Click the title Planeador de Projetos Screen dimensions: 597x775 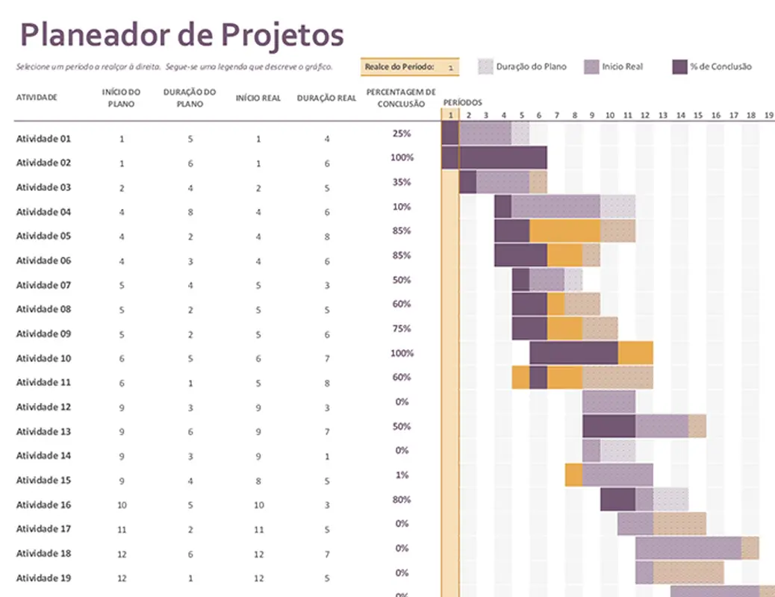point(181,34)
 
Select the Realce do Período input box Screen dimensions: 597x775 point(410,67)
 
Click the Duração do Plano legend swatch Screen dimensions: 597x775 point(485,67)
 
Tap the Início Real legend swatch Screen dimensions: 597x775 point(591,67)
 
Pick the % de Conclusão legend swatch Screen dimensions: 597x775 point(679,67)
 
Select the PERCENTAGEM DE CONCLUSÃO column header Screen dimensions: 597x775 point(401,98)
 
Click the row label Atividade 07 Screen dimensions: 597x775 point(43,285)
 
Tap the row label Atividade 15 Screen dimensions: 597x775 point(43,480)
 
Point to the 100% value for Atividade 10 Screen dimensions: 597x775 point(402,353)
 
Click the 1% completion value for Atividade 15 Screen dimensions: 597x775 point(402,475)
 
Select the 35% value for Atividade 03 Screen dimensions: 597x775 point(402,182)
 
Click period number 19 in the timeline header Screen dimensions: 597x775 point(768,115)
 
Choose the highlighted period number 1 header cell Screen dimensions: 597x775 point(450,115)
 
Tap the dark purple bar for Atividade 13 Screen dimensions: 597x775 point(609,426)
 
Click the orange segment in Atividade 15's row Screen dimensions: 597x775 point(573,475)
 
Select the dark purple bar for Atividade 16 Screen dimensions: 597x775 point(617,499)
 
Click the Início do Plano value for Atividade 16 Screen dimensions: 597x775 point(122,505)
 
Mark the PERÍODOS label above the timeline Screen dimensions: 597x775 point(462,102)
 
